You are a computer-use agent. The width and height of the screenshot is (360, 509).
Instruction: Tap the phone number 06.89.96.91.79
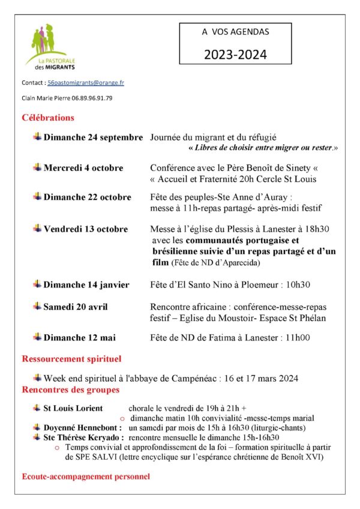(88, 98)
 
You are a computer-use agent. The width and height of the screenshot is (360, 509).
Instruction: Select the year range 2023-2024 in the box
(235, 55)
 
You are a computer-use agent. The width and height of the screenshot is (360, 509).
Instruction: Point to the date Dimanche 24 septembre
(93, 137)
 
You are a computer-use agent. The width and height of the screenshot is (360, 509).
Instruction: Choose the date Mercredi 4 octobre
(83, 167)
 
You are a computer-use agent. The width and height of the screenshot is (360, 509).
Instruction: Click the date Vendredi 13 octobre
(85, 229)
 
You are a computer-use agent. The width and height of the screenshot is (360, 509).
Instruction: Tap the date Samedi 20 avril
(76, 307)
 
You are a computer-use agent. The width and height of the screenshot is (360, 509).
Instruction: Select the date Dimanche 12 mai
(78, 337)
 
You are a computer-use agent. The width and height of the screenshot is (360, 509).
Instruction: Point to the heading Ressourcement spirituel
(71, 359)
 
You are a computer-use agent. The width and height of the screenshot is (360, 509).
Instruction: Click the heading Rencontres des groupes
(70, 390)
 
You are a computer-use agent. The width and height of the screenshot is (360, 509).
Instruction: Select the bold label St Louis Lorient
(73, 408)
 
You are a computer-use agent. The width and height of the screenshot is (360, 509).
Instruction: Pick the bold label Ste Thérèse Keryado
(84, 438)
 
